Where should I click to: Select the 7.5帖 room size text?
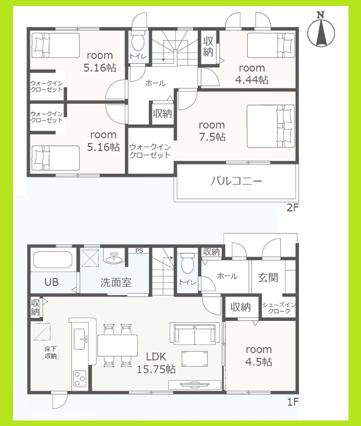(211, 137)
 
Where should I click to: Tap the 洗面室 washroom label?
(115, 282)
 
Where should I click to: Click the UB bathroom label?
(51, 282)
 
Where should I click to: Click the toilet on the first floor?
(188, 262)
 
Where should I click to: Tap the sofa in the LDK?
(195, 333)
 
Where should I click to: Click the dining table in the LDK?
(118, 344)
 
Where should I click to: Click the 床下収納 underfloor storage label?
(50, 353)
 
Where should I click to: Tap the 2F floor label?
(292, 208)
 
